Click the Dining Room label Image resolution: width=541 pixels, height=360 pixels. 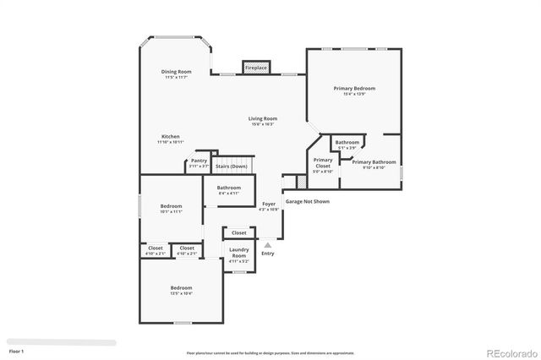[174, 74]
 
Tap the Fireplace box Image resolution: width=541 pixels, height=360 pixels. [256, 67]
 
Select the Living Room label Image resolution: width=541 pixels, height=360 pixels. [262, 121]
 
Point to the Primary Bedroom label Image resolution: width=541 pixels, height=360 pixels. [353, 90]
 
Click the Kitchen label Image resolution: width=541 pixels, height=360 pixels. [171, 139]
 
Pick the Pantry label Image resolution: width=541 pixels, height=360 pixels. [199, 162]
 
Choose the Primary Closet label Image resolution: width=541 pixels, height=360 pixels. [322, 165]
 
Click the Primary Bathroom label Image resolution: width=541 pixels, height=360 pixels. [374, 164]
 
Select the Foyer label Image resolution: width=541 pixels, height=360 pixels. [268, 206]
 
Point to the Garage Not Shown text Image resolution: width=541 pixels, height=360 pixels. [307, 201]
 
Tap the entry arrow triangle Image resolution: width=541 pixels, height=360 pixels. [267, 244]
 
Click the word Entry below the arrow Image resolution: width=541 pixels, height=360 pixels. [267, 254]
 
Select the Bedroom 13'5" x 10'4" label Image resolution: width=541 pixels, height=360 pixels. [180, 290]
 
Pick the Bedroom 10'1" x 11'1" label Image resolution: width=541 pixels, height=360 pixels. [171, 209]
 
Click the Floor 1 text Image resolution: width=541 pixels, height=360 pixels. [16, 350]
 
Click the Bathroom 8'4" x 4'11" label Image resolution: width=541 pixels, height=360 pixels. [228, 190]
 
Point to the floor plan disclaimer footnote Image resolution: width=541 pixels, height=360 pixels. [270, 352]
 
